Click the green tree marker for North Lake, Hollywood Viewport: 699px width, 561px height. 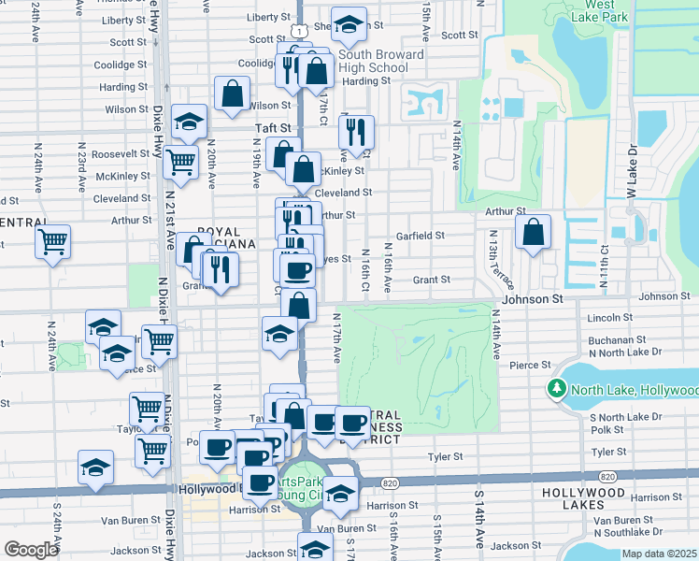coord(559,389)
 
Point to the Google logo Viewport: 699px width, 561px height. coord(30,549)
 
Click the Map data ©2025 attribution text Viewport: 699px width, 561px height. coord(660,554)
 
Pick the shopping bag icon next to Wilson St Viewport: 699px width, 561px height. coord(231,93)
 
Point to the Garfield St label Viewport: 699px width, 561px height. coord(419,236)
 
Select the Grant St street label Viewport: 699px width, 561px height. coord(432,279)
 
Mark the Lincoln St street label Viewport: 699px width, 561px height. coord(610,318)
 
